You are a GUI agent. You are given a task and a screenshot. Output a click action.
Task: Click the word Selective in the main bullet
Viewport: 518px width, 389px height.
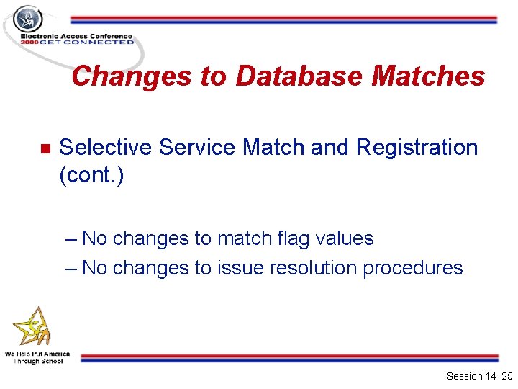click(106, 148)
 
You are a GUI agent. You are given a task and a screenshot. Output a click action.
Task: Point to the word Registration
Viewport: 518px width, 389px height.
click(417, 148)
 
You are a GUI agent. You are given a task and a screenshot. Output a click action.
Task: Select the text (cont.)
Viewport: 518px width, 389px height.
click(91, 176)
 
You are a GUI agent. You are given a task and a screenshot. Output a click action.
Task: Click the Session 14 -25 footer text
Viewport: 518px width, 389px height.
click(478, 376)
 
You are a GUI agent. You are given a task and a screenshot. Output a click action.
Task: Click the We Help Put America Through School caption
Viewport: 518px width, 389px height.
click(37, 357)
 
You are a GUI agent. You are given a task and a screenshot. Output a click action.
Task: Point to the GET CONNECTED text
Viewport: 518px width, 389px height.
click(87, 43)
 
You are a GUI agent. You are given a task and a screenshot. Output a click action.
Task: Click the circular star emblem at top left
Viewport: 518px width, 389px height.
click(29, 19)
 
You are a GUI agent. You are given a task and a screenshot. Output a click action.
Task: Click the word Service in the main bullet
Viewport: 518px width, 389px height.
click(198, 148)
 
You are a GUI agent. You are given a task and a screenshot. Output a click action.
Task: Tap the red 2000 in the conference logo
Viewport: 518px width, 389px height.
click(29, 43)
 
